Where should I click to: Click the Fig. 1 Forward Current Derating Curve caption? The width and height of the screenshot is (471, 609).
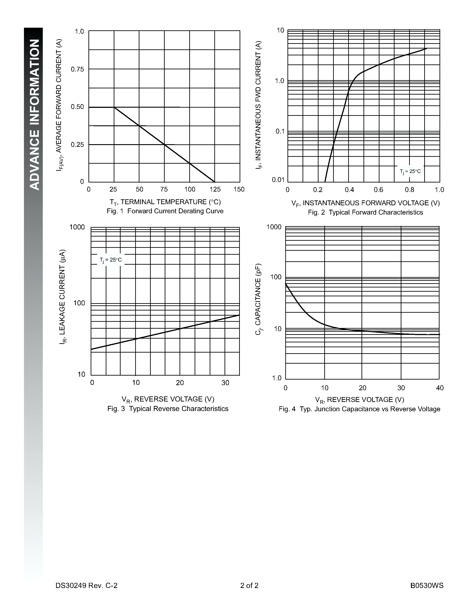(165, 211)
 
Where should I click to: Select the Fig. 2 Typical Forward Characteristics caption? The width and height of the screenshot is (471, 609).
(365, 212)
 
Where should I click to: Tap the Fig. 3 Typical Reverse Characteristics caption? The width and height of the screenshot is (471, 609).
(168, 409)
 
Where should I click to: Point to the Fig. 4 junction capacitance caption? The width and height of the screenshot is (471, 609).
(359, 409)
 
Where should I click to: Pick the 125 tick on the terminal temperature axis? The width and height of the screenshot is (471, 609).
(215, 190)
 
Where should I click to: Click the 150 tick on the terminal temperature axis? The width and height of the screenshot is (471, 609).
(239, 190)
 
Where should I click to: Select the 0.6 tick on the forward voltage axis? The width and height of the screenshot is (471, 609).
(378, 190)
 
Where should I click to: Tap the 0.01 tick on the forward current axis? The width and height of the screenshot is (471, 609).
(278, 180)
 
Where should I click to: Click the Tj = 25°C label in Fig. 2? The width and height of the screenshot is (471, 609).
(410, 171)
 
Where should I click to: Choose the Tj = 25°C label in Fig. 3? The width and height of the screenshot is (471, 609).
(111, 260)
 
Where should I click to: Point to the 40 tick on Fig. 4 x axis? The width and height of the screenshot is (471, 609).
(440, 388)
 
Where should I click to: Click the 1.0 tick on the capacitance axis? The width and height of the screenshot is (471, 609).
(277, 378)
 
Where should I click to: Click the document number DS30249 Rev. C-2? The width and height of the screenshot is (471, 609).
(86, 585)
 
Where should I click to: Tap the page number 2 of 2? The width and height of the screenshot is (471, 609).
(249, 585)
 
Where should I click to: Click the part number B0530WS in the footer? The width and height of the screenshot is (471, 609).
(427, 585)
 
